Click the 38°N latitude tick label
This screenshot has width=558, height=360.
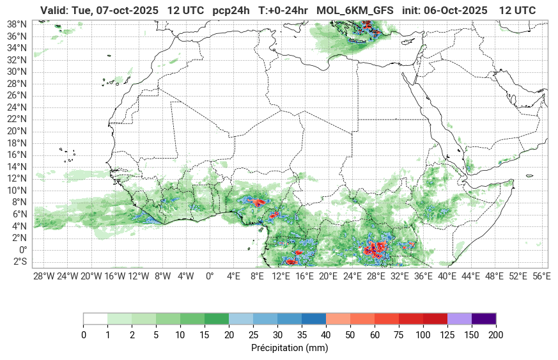[17, 24]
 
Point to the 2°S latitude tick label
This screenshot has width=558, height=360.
[20, 262]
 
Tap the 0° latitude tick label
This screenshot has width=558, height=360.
[22, 250]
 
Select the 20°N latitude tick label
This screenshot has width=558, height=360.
[17, 131]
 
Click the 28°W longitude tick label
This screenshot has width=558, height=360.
[43, 276]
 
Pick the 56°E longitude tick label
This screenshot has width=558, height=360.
[541, 276]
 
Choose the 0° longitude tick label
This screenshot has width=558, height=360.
[209, 276]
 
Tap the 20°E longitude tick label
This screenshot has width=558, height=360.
[328, 276]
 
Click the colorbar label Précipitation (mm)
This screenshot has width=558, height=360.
[290, 348]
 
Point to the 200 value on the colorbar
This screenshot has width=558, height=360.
[496, 335]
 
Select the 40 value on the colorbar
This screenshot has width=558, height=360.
[326, 335]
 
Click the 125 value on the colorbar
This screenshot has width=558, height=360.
[447, 335]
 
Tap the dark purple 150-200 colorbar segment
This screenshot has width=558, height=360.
[484, 318]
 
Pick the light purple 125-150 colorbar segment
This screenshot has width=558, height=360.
[460, 318]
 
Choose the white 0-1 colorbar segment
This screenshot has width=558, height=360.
[95, 318]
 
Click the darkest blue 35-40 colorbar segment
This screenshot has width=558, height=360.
[314, 318]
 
